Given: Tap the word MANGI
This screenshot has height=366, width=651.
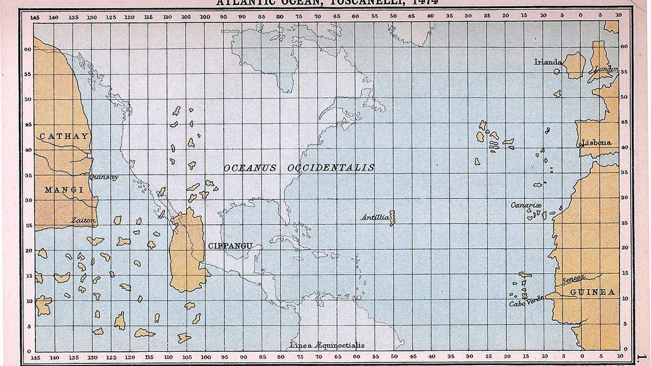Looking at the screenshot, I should pos(63,190).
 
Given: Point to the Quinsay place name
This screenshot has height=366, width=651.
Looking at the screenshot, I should pos(103,177).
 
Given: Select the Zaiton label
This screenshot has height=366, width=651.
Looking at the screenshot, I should pos(84,221).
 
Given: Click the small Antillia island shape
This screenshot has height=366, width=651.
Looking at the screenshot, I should pos(392,218).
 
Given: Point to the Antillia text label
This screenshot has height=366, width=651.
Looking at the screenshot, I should pos(375,217).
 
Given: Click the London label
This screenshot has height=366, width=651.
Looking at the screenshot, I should pos(607,69).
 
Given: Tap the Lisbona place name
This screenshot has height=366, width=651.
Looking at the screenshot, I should pos(596,143).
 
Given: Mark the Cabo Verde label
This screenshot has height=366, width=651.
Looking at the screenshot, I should pos(526,304).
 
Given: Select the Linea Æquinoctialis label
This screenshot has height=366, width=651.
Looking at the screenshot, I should pos(327,345).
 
